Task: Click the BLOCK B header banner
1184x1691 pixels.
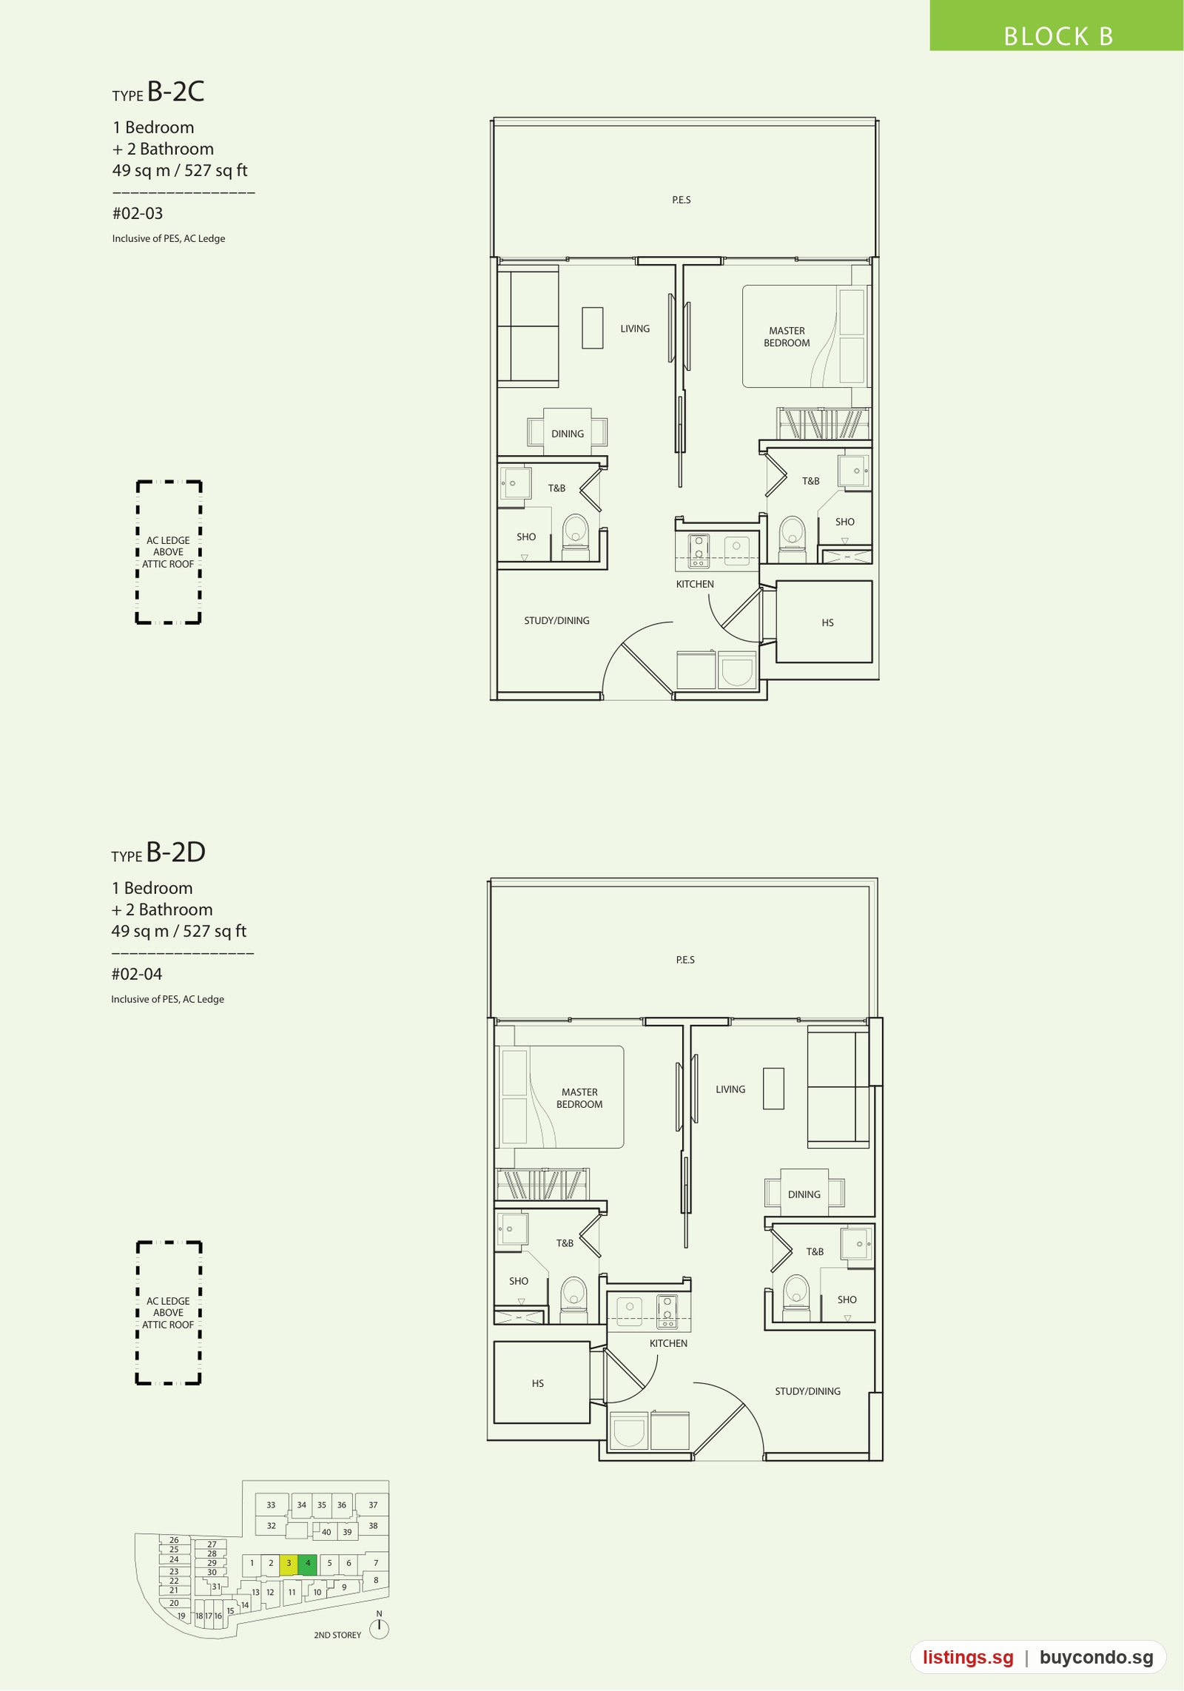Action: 1057,26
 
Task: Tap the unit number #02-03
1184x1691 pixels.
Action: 138,214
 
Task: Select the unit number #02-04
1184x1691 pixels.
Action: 137,975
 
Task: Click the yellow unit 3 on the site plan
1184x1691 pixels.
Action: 289,1564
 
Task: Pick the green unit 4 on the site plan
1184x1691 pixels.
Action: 308,1564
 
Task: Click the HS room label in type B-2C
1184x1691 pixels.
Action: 827,623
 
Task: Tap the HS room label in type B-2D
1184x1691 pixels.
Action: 538,1383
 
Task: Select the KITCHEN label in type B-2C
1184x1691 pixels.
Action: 695,584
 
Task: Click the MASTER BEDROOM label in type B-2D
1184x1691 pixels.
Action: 579,1098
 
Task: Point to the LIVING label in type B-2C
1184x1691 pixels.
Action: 635,329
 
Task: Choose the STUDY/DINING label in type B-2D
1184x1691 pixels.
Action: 807,1391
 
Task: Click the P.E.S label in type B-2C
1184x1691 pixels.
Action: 682,200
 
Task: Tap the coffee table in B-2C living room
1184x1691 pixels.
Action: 592,328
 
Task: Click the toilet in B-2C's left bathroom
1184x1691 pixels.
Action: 575,537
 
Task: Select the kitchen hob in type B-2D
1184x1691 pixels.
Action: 667,1310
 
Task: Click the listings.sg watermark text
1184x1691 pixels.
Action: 968,1658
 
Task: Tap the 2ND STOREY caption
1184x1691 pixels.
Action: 337,1635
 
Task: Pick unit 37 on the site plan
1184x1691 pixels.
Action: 373,1505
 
